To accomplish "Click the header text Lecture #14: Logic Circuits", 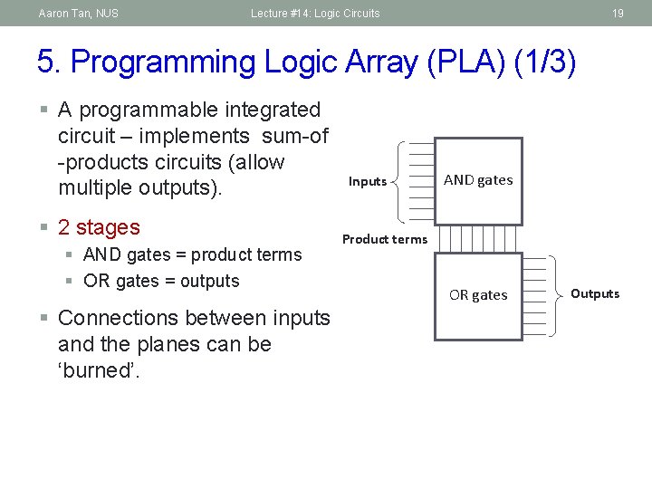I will click(x=316, y=13).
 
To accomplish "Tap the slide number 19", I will click(x=618, y=13).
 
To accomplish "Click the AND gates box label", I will click(x=478, y=180).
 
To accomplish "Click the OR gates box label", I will click(x=478, y=295).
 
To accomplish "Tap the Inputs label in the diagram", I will click(x=368, y=182).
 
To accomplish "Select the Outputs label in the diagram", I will click(x=595, y=293).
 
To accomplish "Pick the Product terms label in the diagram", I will click(x=384, y=239).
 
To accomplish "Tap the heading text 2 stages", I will click(x=99, y=227).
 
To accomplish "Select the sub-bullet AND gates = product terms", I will click(x=192, y=254).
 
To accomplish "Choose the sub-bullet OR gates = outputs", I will click(x=161, y=281).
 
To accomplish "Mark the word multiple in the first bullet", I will click(x=99, y=188).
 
